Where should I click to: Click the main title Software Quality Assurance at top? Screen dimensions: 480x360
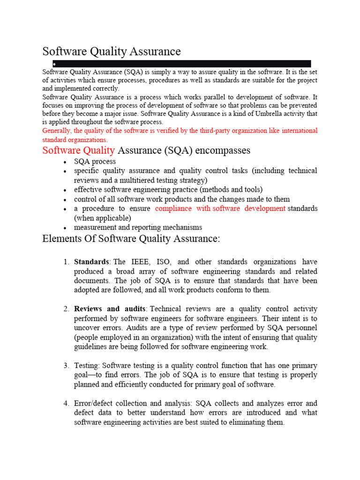pos(112,51)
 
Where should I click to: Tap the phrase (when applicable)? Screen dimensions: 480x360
pos(102,218)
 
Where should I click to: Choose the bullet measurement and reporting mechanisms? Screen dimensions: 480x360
pos(138,227)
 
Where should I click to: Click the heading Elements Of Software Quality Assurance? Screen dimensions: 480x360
pos(131,239)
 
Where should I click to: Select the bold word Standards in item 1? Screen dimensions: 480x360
pos(91,262)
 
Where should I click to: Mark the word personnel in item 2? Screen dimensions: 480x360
pos(301,328)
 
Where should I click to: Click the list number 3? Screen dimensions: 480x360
pos(66,366)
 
